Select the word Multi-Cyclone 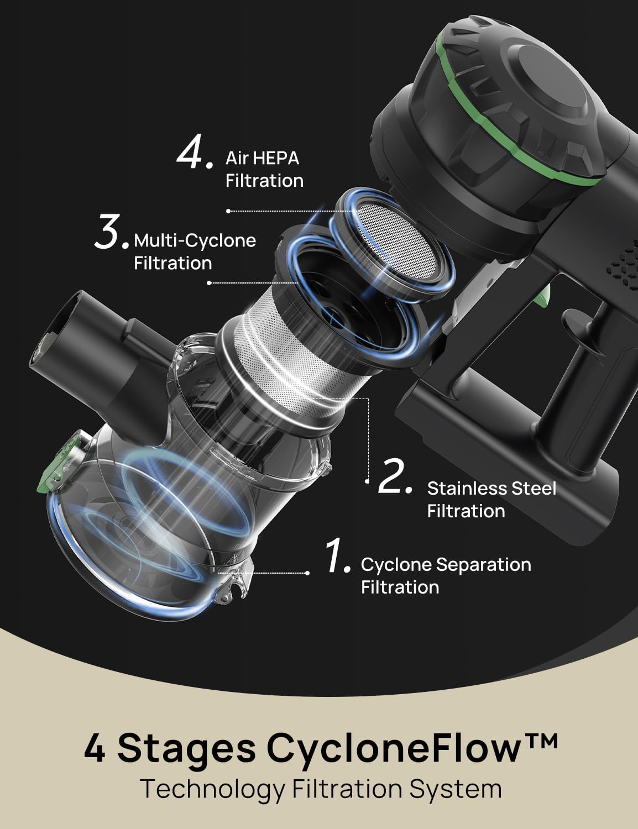[x=195, y=241]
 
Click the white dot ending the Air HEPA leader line [x=228, y=211]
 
